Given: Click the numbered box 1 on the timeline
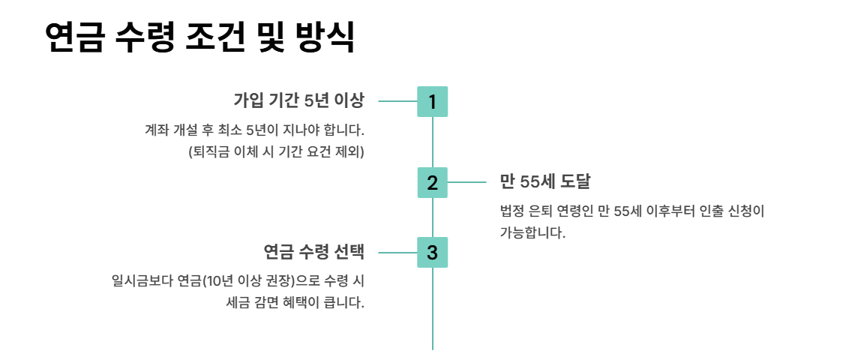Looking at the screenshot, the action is (432, 101).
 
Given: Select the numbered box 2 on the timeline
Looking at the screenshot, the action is (432, 182).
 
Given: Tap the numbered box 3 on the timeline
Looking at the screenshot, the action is (432, 253).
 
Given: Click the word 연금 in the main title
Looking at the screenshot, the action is (73, 37).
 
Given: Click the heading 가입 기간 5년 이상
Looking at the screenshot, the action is (298, 100).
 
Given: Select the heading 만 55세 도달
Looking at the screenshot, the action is (545, 181).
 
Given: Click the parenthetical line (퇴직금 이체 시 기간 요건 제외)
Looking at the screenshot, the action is (275, 151).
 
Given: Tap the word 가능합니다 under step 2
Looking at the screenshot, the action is (532, 232).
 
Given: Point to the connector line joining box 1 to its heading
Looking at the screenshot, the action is (397, 100).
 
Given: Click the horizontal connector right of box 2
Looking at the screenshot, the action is (467, 182).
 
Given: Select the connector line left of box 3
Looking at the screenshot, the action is (397, 253).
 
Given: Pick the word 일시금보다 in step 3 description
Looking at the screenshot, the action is (142, 281).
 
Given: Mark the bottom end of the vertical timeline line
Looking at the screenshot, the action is (433, 348).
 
